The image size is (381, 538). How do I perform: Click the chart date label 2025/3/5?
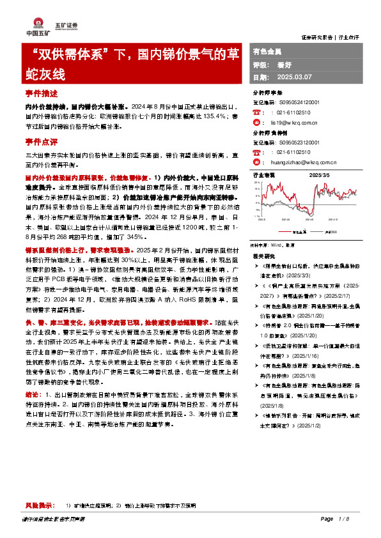click(319, 174)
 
